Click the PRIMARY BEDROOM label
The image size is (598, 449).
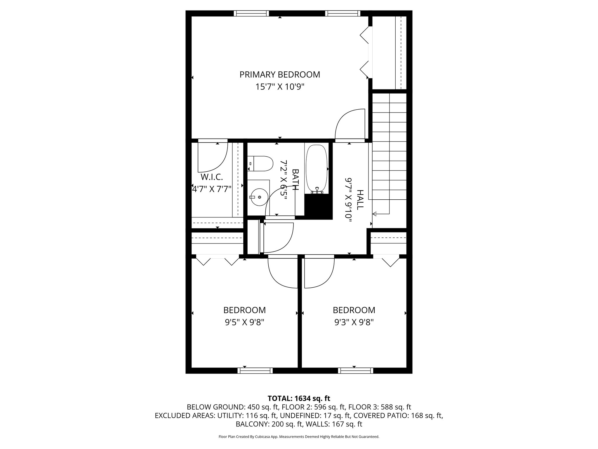coord(280,75)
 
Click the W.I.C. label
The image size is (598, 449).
coord(212,177)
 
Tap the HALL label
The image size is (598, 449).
coord(360,199)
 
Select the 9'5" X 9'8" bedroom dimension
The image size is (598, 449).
coord(244,322)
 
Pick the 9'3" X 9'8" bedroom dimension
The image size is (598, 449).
coord(354,322)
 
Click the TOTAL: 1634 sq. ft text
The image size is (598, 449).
coord(299,398)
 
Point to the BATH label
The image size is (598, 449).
coord(295,179)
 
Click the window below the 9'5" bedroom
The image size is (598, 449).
coord(255,371)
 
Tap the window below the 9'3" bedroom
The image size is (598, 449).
coord(356,371)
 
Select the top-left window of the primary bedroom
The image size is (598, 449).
coord(251,13)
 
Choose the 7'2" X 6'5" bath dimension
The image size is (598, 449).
coord(284,179)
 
